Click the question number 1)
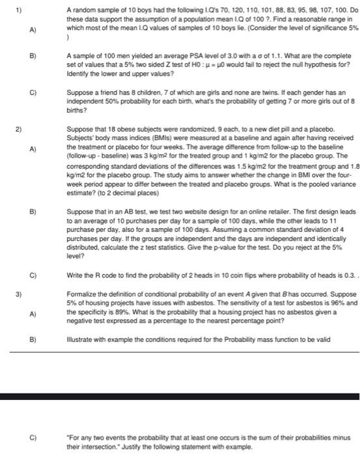(13, 10)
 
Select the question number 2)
(13, 128)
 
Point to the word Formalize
(82, 294)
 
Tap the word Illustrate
(81, 338)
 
